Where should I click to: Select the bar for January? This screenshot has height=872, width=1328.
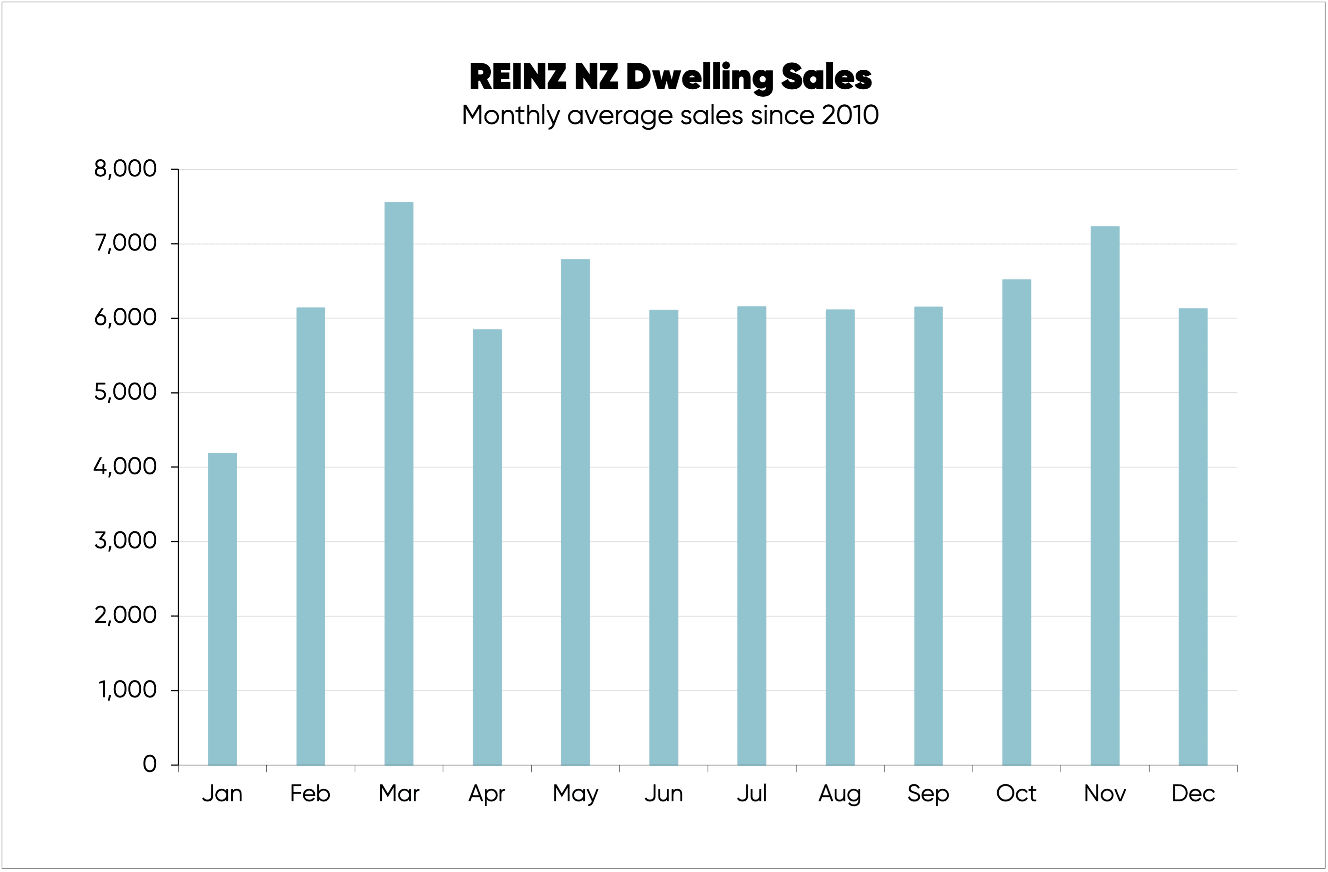coord(222,609)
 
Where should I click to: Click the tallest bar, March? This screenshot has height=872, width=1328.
coord(399,483)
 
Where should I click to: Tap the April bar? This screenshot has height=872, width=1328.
coord(487,547)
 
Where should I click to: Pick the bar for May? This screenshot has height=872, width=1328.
coord(575,512)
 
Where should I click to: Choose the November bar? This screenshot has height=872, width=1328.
coord(1105,495)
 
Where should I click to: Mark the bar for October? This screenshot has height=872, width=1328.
coord(1017,522)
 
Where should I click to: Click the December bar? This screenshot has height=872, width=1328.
coord(1193,536)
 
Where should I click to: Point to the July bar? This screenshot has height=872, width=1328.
coord(752,535)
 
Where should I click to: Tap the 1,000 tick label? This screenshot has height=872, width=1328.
coord(128,690)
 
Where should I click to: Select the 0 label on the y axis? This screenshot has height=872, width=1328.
coord(149,764)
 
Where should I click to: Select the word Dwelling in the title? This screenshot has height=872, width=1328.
coord(699,78)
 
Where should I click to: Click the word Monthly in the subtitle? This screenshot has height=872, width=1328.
coord(511,115)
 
